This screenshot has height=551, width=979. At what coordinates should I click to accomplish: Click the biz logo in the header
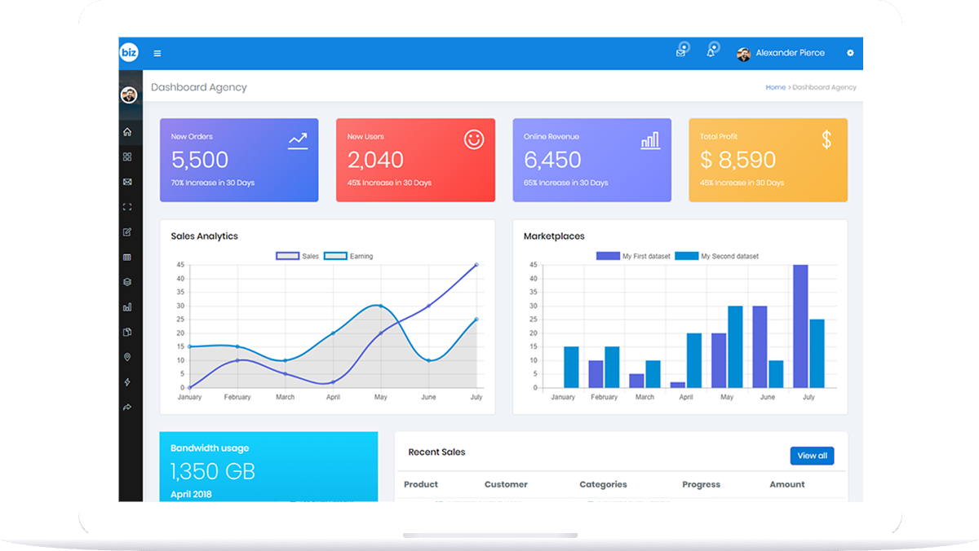[x=129, y=53]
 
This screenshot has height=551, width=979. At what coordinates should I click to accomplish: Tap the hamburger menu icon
[x=157, y=54]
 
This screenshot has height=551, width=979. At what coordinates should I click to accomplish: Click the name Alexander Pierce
[x=790, y=53]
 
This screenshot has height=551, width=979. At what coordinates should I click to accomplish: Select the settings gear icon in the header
[x=850, y=53]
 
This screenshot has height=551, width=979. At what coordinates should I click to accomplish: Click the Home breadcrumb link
[x=775, y=87]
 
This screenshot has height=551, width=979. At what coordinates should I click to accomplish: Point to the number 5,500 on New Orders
[x=200, y=160]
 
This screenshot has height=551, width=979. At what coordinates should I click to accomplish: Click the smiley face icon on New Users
[x=474, y=139]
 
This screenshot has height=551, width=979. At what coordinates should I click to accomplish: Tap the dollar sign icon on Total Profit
[x=826, y=140]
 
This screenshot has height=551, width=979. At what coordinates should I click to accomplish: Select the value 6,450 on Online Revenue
[x=552, y=160]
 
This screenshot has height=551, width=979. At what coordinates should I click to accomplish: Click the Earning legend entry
[x=348, y=256]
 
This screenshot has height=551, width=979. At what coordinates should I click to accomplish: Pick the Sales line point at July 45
[x=476, y=265]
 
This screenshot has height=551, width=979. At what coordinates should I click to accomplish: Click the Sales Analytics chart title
[x=204, y=236]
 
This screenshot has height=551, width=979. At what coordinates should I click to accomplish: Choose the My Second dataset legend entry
[x=717, y=256]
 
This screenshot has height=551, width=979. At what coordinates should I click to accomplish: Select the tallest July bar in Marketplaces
[x=800, y=326]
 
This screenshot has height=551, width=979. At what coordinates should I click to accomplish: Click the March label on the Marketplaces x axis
[x=645, y=397]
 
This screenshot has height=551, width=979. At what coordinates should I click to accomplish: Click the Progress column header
[x=701, y=484]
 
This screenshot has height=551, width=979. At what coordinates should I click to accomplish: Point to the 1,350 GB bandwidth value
[x=213, y=471]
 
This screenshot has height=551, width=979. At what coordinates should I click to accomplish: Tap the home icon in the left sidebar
[x=127, y=132]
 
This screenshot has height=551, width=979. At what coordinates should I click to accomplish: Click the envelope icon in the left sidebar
[x=127, y=182]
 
